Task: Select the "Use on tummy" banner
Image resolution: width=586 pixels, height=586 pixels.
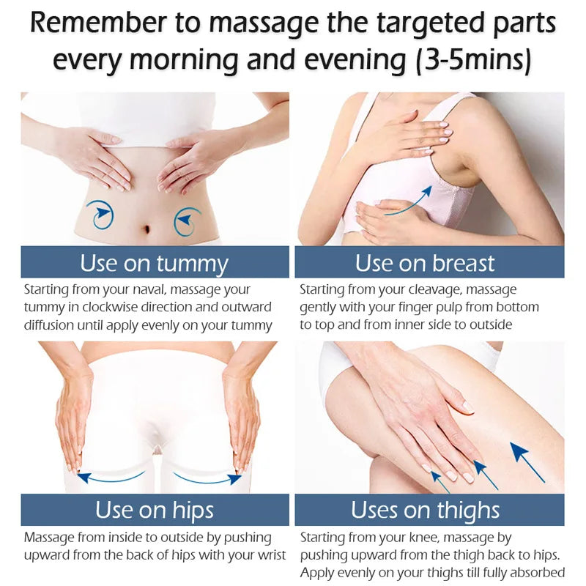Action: (155, 262)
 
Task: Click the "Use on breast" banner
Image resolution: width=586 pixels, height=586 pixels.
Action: (429, 262)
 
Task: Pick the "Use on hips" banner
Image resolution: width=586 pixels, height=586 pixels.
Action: (155, 510)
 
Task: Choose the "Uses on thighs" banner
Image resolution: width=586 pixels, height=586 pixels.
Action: (429, 510)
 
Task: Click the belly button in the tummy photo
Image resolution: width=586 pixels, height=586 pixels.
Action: (146, 229)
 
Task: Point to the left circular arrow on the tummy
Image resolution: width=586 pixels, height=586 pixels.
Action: (100, 215)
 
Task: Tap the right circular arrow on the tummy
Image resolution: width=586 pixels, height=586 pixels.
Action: (187, 221)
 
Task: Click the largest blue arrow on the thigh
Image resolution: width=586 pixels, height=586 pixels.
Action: (527, 462)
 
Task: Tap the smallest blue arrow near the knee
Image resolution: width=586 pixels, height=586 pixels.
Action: (440, 482)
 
